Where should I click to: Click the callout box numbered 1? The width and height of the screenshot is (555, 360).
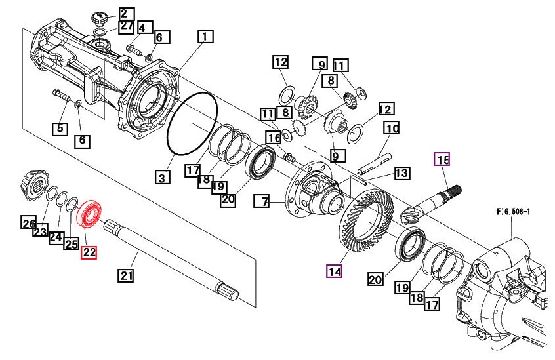coord(205,37)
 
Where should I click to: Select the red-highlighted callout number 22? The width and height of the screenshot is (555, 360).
coord(89,251)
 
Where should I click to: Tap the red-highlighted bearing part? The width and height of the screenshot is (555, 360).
coord(89,214)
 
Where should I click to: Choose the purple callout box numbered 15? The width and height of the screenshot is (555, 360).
coord(443,159)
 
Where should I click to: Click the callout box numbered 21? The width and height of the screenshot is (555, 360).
coord(126,275)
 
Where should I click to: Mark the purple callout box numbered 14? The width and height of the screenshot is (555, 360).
coord(335,271)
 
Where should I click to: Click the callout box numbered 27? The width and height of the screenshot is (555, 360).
coord(126,26)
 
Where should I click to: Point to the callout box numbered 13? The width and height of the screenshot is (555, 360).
coord(401,174)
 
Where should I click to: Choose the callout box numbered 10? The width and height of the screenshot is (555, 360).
coord(392,129)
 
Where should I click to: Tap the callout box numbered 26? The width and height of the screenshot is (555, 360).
coord(28,223)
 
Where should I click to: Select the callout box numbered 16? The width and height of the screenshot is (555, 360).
coord(273,138)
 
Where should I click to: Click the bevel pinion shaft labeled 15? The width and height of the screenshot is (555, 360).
coord(434,199)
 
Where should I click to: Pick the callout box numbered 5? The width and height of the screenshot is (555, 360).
coord(60,129)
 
